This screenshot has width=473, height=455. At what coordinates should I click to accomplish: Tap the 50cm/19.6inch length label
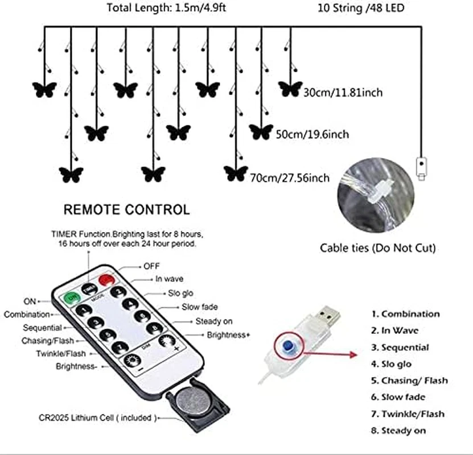312,135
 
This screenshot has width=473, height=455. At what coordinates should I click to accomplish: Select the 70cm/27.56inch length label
289,178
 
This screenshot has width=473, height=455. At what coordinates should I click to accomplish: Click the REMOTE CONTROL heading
126,210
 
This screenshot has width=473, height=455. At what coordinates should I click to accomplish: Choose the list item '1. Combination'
405,314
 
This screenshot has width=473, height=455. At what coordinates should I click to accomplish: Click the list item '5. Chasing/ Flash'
409,380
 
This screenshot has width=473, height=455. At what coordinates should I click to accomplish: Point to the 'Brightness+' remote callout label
229,335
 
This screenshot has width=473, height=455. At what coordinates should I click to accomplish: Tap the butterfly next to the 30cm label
290,89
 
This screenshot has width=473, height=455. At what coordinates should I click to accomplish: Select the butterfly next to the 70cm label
236,173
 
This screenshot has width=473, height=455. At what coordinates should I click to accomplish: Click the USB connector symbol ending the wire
421,168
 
